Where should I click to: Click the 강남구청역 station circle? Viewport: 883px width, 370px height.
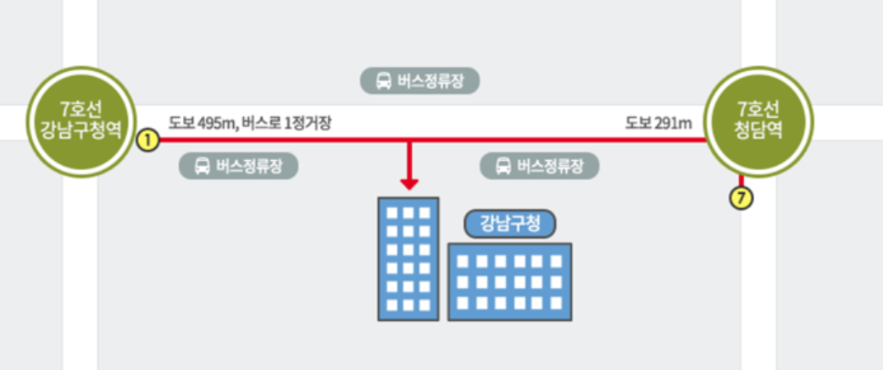pyautogui.click(x=81, y=122)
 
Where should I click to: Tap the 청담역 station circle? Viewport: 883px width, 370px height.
pyautogui.click(x=758, y=122)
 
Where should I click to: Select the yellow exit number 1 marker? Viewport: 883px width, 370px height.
pyautogui.click(x=147, y=141)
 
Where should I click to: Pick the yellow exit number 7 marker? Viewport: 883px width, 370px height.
pyautogui.click(x=741, y=200)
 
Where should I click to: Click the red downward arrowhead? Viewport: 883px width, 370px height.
pyautogui.click(x=410, y=183)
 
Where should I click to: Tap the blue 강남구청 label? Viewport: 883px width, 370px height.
pyautogui.click(x=509, y=224)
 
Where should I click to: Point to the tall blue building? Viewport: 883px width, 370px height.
pyautogui.click(x=408, y=258)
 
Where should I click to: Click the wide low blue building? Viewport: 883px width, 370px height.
pyautogui.click(x=509, y=281)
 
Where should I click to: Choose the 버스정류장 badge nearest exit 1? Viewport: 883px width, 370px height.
pyautogui.click(x=239, y=165)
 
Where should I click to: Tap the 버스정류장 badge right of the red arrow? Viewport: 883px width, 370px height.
pyautogui.click(x=540, y=165)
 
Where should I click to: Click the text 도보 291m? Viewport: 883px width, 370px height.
pyautogui.click(x=658, y=124)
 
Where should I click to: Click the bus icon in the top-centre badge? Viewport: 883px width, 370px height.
pyautogui.click(x=383, y=81)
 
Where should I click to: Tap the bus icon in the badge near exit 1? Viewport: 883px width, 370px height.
pyautogui.click(x=202, y=165)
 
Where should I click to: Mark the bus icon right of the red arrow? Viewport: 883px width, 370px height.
pyautogui.click(x=503, y=165)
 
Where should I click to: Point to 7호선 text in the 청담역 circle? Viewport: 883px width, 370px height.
pyautogui.click(x=758, y=108)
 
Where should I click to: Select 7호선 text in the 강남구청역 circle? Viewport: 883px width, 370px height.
pyautogui.click(x=81, y=108)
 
